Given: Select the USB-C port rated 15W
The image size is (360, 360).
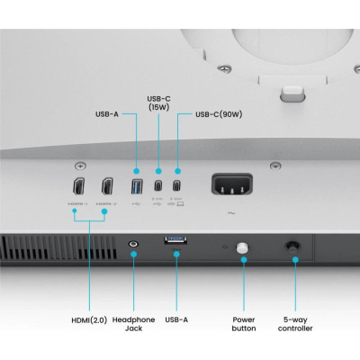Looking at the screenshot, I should tap(158, 187).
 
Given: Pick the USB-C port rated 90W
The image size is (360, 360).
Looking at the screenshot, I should tap(177, 187).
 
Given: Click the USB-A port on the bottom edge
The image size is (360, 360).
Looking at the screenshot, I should tap(176, 240).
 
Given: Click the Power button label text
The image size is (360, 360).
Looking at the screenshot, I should tap(243, 324).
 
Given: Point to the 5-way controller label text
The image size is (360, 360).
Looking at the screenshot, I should tap(296, 324).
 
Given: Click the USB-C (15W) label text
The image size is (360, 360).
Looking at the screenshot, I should tap(158, 103).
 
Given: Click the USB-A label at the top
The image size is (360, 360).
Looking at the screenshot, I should tap(107, 114).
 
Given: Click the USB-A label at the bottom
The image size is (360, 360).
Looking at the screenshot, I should tap(176, 319).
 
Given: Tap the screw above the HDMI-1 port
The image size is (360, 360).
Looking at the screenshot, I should tap(82, 166).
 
